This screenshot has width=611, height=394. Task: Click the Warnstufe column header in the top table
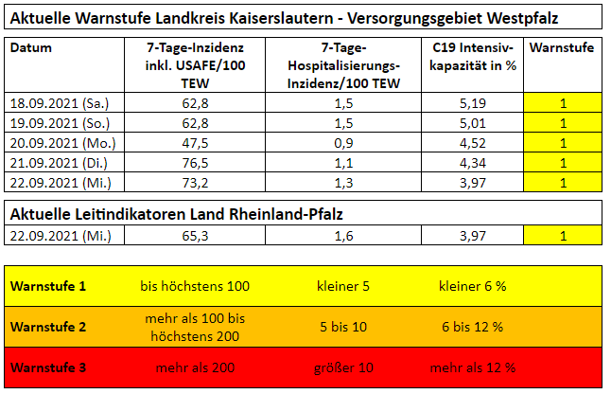[563, 48]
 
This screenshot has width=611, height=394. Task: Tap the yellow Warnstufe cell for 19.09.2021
[563, 124]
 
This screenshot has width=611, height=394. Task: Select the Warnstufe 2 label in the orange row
[49, 327]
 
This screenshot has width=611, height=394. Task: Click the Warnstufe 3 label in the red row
[49, 367]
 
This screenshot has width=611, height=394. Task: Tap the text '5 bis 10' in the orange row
[343, 327]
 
